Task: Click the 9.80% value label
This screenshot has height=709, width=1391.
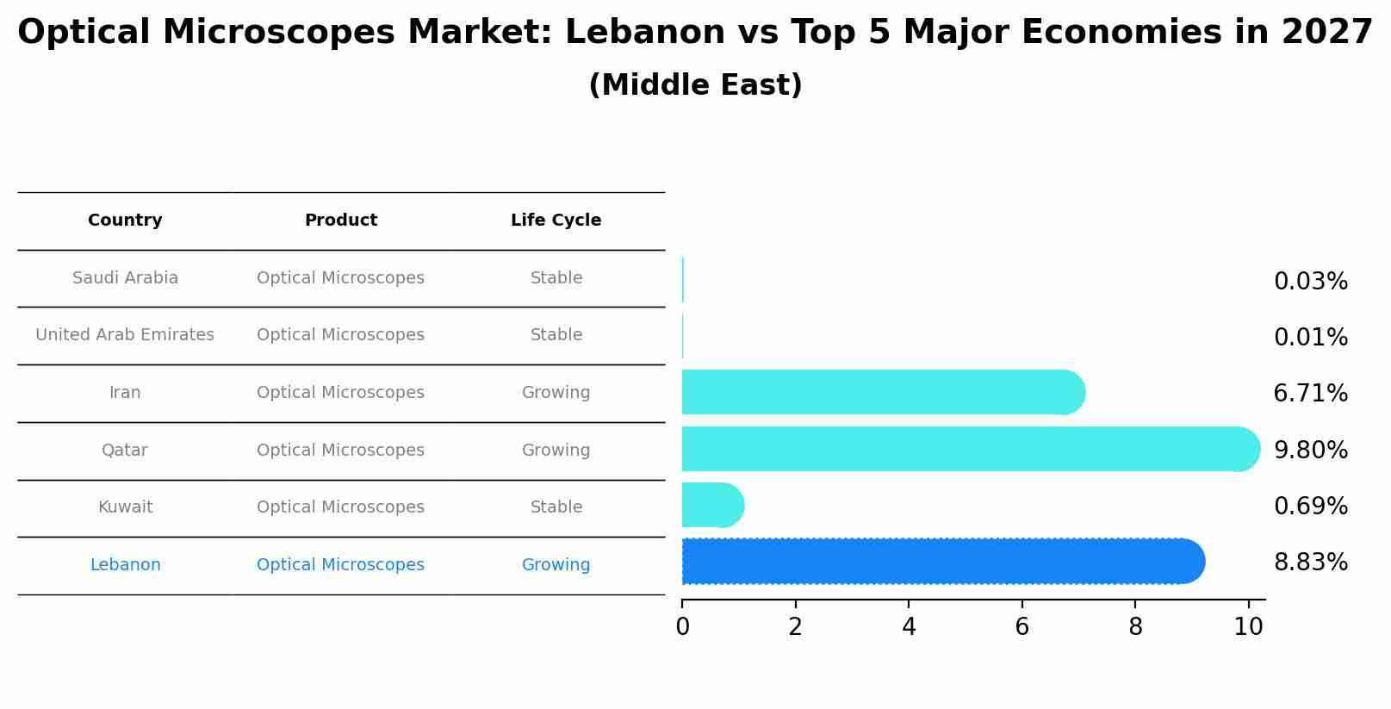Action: (x=1310, y=450)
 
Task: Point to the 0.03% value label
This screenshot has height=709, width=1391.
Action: (x=1310, y=282)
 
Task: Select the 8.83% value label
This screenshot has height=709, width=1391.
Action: (x=1310, y=563)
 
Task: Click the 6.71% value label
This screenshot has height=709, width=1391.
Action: (x=1310, y=394)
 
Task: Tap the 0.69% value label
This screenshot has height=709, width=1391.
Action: (x=1310, y=507)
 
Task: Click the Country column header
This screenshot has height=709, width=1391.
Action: (x=125, y=221)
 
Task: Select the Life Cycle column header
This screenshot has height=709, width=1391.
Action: (x=556, y=221)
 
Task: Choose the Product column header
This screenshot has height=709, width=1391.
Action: (x=341, y=221)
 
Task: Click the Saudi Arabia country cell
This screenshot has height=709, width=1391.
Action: (x=125, y=278)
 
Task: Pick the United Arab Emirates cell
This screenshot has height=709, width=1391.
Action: (x=125, y=335)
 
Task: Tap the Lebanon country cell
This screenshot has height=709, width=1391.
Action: (x=125, y=565)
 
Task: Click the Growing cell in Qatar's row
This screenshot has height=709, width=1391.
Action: (x=556, y=451)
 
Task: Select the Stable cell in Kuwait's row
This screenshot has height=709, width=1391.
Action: (x=556, y=507)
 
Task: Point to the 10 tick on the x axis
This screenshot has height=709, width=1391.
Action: (x=1248, y=627)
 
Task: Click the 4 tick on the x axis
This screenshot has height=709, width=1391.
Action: (x=909, y=627)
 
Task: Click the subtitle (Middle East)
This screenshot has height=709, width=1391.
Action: (x=695, y=85)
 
